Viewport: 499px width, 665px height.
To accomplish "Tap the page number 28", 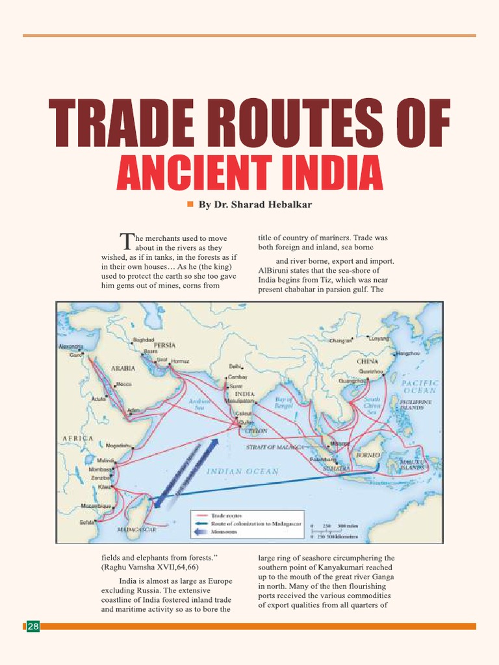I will [32, 626].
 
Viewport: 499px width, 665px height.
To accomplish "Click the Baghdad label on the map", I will [142, 339].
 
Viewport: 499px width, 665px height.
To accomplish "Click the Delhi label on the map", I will [235, 366].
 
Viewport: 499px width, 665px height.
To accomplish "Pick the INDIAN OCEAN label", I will [242, 471].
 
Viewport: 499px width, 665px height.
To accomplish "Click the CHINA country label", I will [367, 360].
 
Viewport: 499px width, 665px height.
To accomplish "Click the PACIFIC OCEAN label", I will [420, 386].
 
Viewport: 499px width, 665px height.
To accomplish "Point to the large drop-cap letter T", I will [126, 242].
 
